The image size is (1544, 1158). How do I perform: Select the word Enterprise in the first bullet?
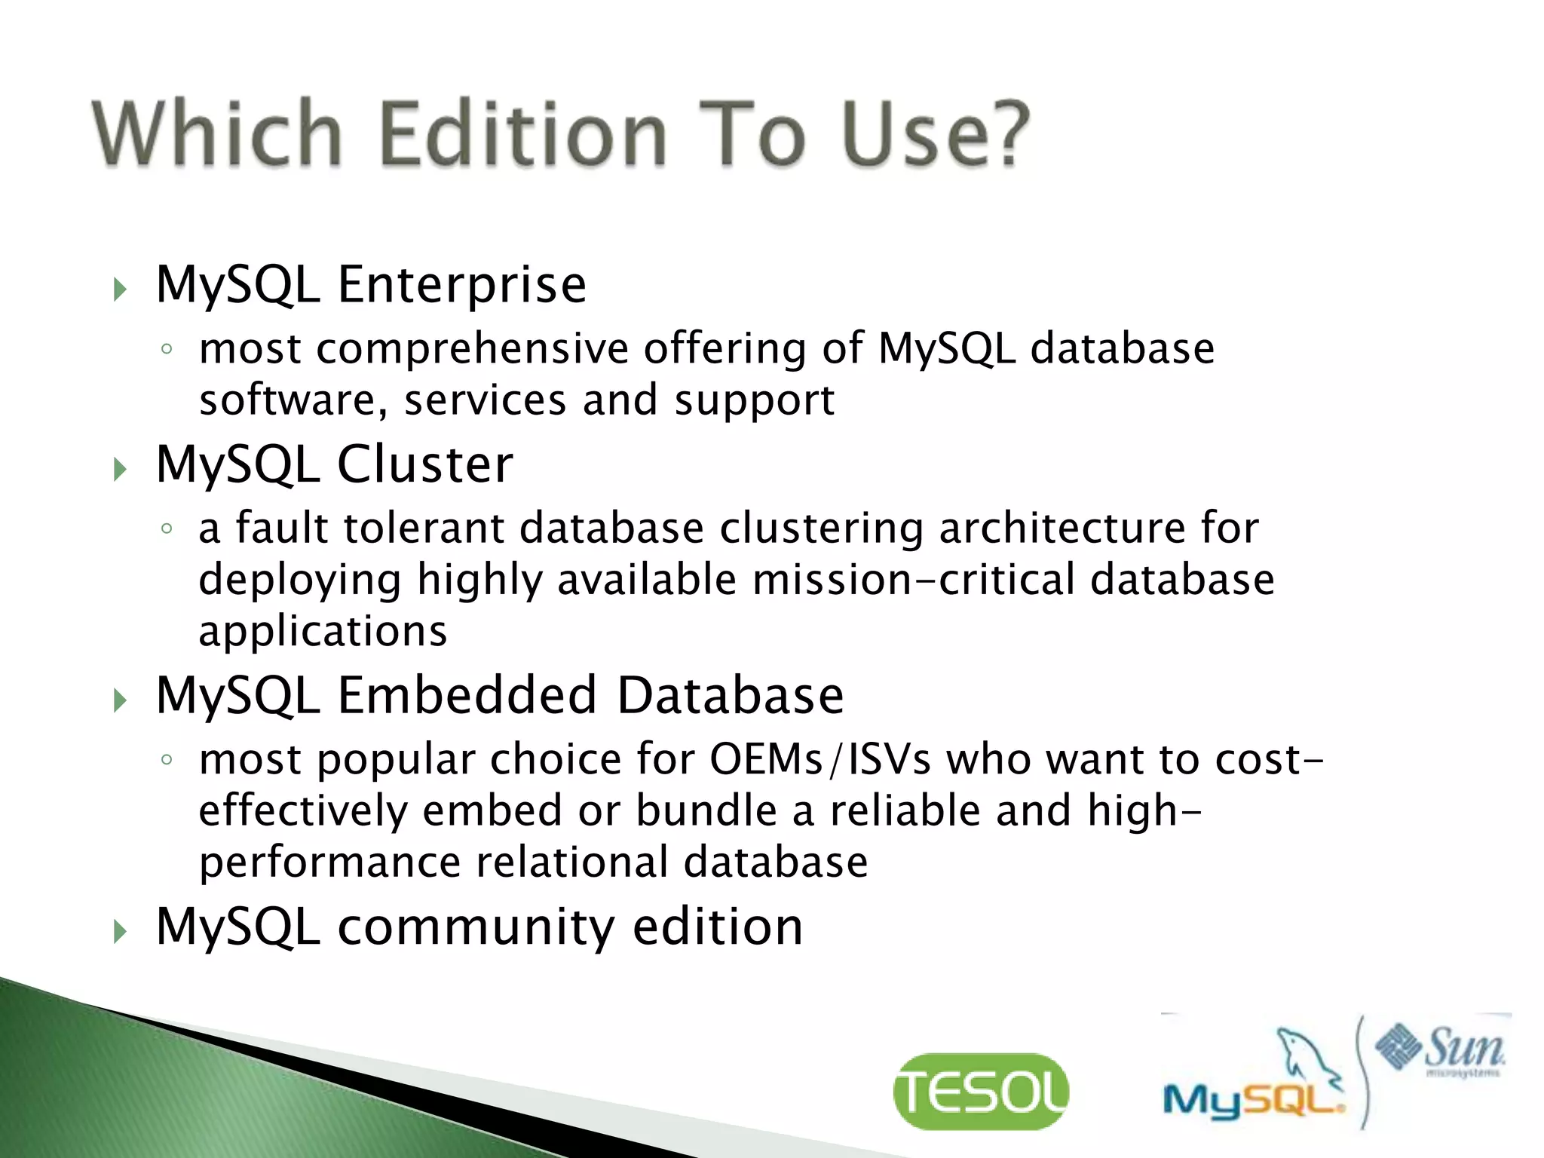coord(461,285)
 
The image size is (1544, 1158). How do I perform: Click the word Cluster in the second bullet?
coord(425,464)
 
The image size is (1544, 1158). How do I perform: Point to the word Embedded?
coord(467,695)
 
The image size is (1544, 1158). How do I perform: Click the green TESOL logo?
coord(980,1092)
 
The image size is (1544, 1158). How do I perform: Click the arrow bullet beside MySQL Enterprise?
coord(120,289)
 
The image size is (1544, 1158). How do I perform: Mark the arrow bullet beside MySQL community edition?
coord(120,932)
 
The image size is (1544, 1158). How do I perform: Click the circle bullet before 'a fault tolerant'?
coord(167,528)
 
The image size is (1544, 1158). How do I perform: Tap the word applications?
coord(323,632)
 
